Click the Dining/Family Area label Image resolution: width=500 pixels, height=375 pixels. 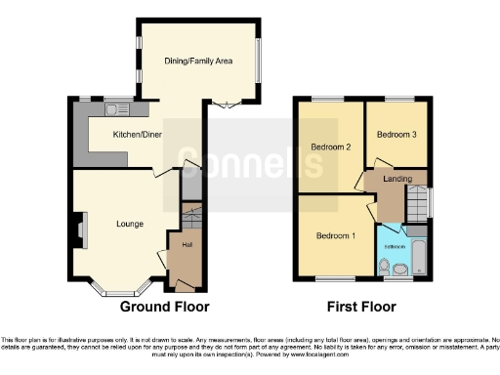197,61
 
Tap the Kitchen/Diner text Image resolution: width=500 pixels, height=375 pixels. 138,134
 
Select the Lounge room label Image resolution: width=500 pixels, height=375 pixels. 130,224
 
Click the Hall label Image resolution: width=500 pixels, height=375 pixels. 185,245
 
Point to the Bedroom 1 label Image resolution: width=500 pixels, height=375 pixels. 334,235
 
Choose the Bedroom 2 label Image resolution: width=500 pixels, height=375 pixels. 330,147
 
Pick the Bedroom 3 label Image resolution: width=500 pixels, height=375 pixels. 396,134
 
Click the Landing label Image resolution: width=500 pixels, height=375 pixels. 396,179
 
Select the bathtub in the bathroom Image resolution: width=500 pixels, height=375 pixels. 420,253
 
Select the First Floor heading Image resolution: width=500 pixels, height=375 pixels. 365,306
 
